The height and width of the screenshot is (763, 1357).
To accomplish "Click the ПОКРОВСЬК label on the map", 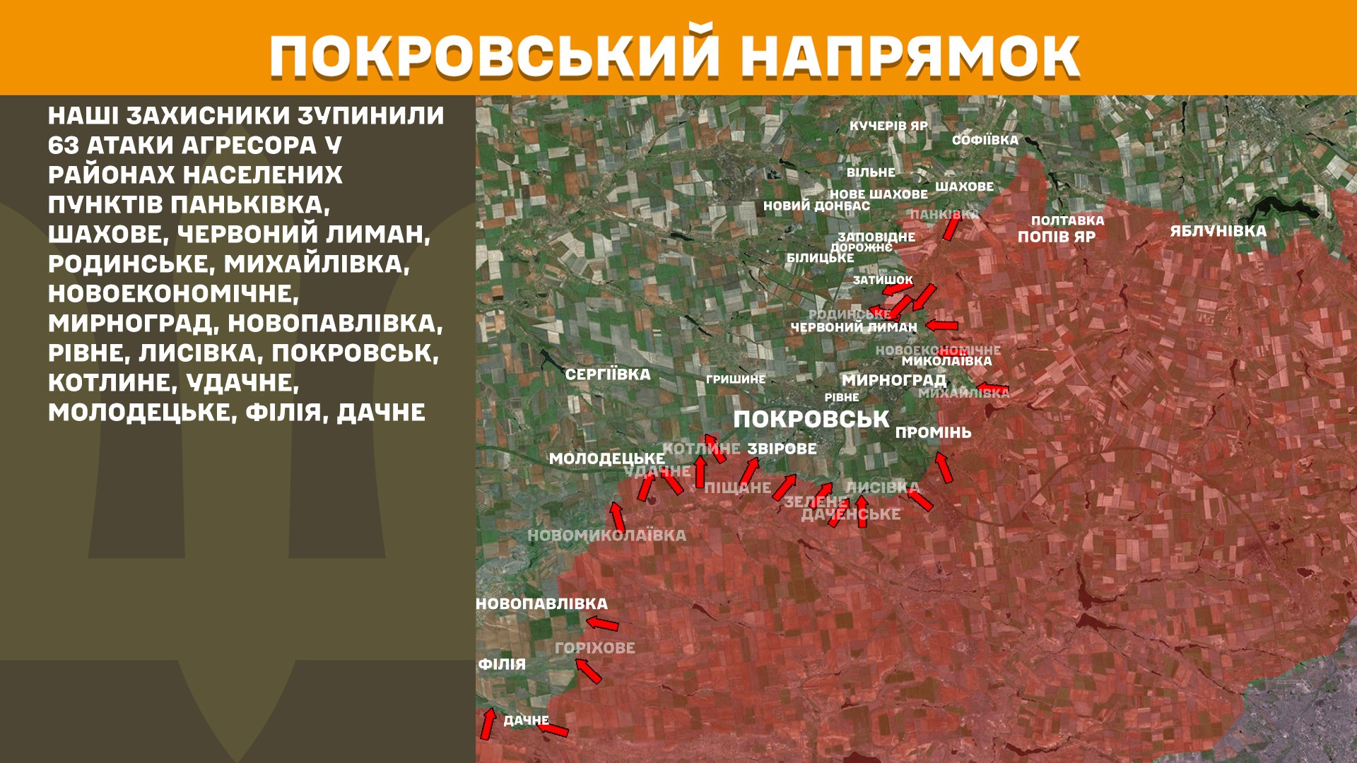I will coord(811,419).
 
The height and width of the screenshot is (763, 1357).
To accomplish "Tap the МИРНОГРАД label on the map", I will coord(893,380).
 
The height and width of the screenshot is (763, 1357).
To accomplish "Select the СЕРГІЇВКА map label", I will coord(607,374).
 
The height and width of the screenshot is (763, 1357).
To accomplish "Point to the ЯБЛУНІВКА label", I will coord(1218,231).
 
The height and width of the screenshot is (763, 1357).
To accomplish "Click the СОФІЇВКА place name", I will coord(985,140).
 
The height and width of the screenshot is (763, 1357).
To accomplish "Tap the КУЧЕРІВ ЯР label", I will coord(888,126).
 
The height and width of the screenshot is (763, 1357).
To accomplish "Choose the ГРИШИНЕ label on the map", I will coord(735,379).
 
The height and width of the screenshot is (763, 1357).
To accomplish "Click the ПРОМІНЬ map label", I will coord(933,432).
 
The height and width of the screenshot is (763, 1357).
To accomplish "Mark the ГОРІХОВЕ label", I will coord(594,648).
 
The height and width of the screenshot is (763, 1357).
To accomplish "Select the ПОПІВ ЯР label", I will coord(1056,237).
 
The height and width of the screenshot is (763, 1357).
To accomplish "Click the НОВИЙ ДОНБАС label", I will coord(816,206).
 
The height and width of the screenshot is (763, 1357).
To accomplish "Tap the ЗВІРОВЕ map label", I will coord(782,449).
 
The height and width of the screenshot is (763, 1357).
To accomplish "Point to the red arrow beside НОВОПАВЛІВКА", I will coord(603,623).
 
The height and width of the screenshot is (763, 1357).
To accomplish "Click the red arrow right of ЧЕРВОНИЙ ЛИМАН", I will coord(942,326).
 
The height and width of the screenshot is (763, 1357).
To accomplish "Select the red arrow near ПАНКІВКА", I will coord(951,227).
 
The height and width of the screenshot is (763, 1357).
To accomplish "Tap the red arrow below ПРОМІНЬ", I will coord(944,467).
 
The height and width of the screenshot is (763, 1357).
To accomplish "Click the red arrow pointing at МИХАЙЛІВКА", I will coord(992,389).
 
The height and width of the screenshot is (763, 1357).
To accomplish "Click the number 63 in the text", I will coord(63,146).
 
